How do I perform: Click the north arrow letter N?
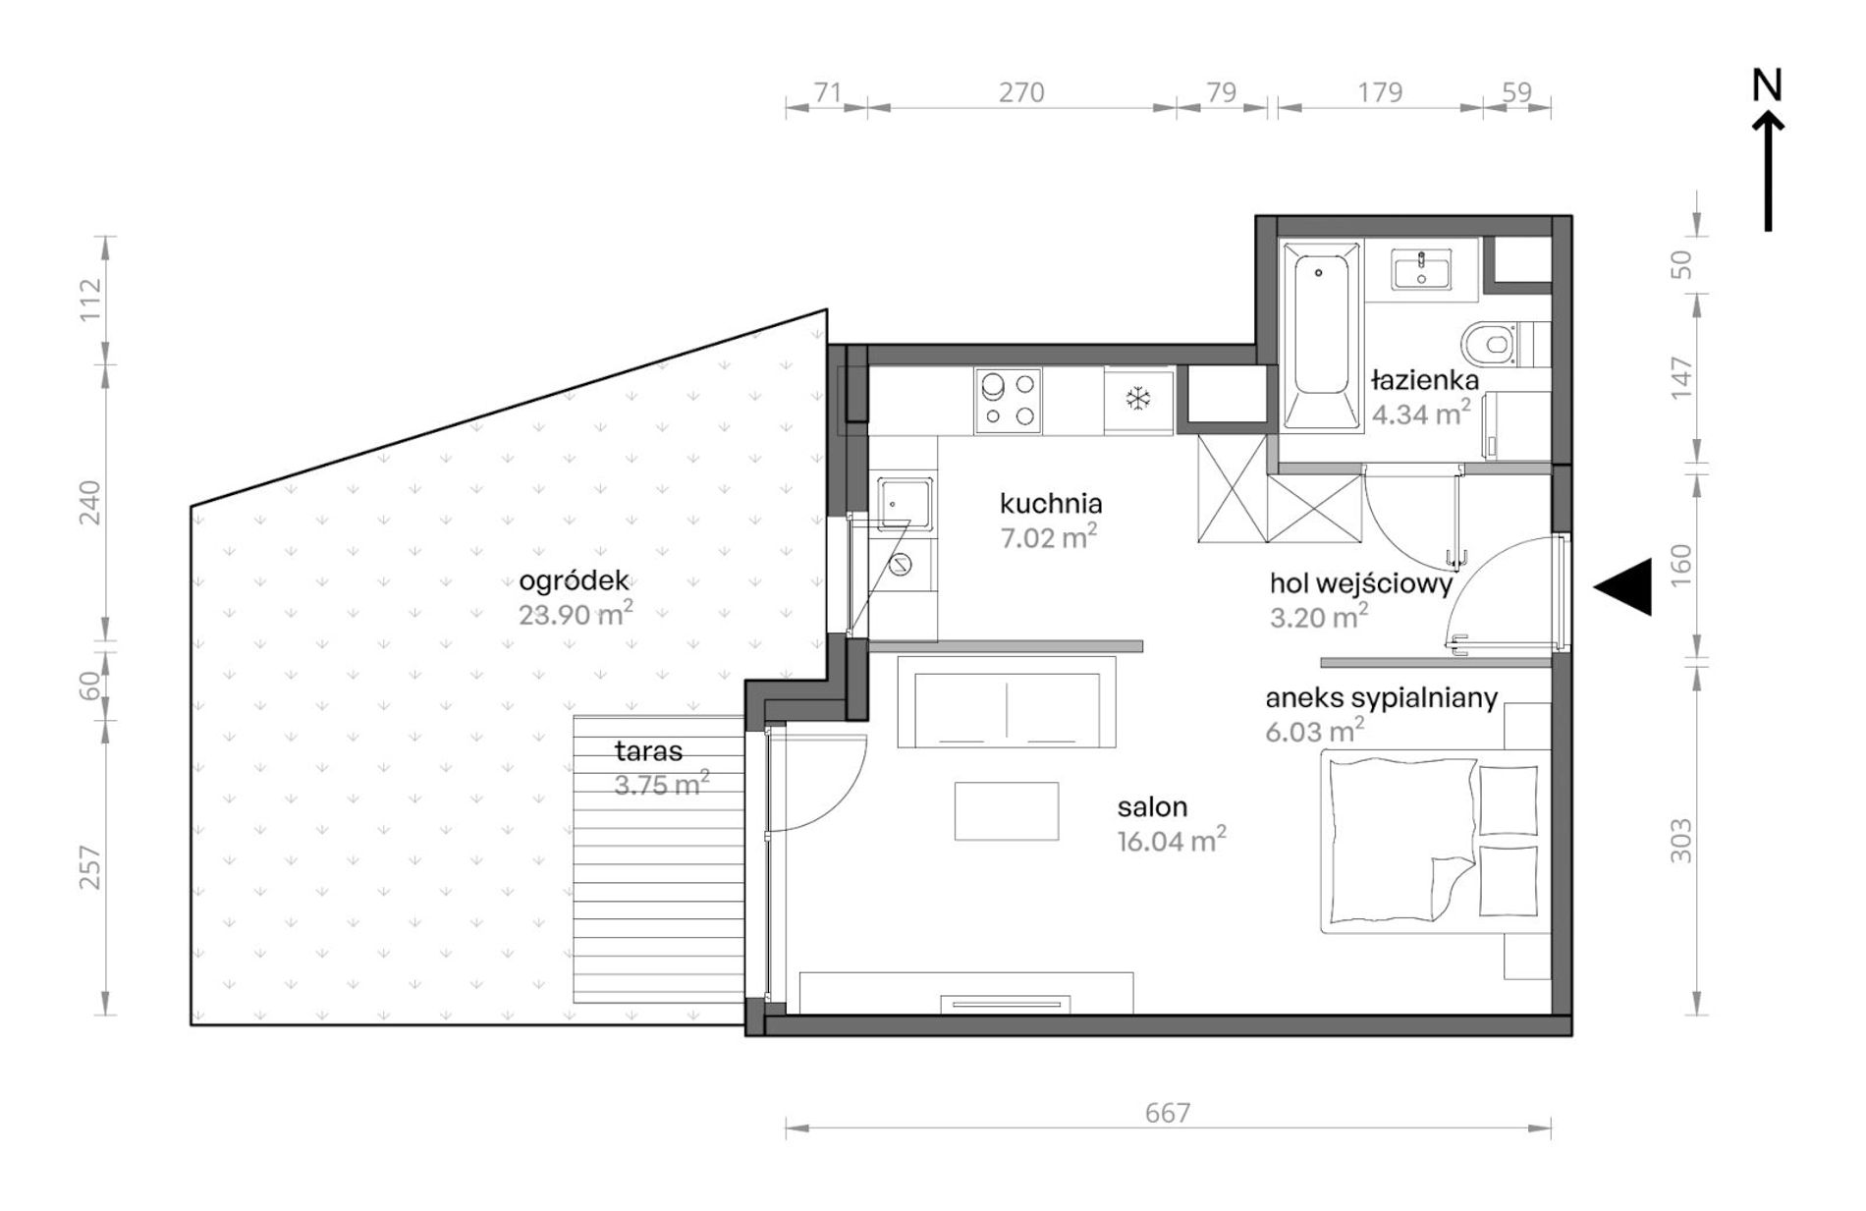tap(1767, 86)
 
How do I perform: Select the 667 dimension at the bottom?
tap(1168, 1113)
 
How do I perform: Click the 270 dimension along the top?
tap(1021, 92)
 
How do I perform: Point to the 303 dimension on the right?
tap(1682, 841)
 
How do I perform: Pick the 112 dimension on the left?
tap(90, 300)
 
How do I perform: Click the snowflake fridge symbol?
tap(1138, 400)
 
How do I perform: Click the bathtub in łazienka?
tap(1321, 336)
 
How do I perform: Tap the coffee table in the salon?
tap(1007, 811)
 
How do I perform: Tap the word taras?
tap(648, 752)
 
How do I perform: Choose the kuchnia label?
tap(1051, 504)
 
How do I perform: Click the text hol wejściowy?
tap(1361, 584)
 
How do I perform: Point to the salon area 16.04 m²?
tap(1172, 841)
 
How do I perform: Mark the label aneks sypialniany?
tap(1382, 699)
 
